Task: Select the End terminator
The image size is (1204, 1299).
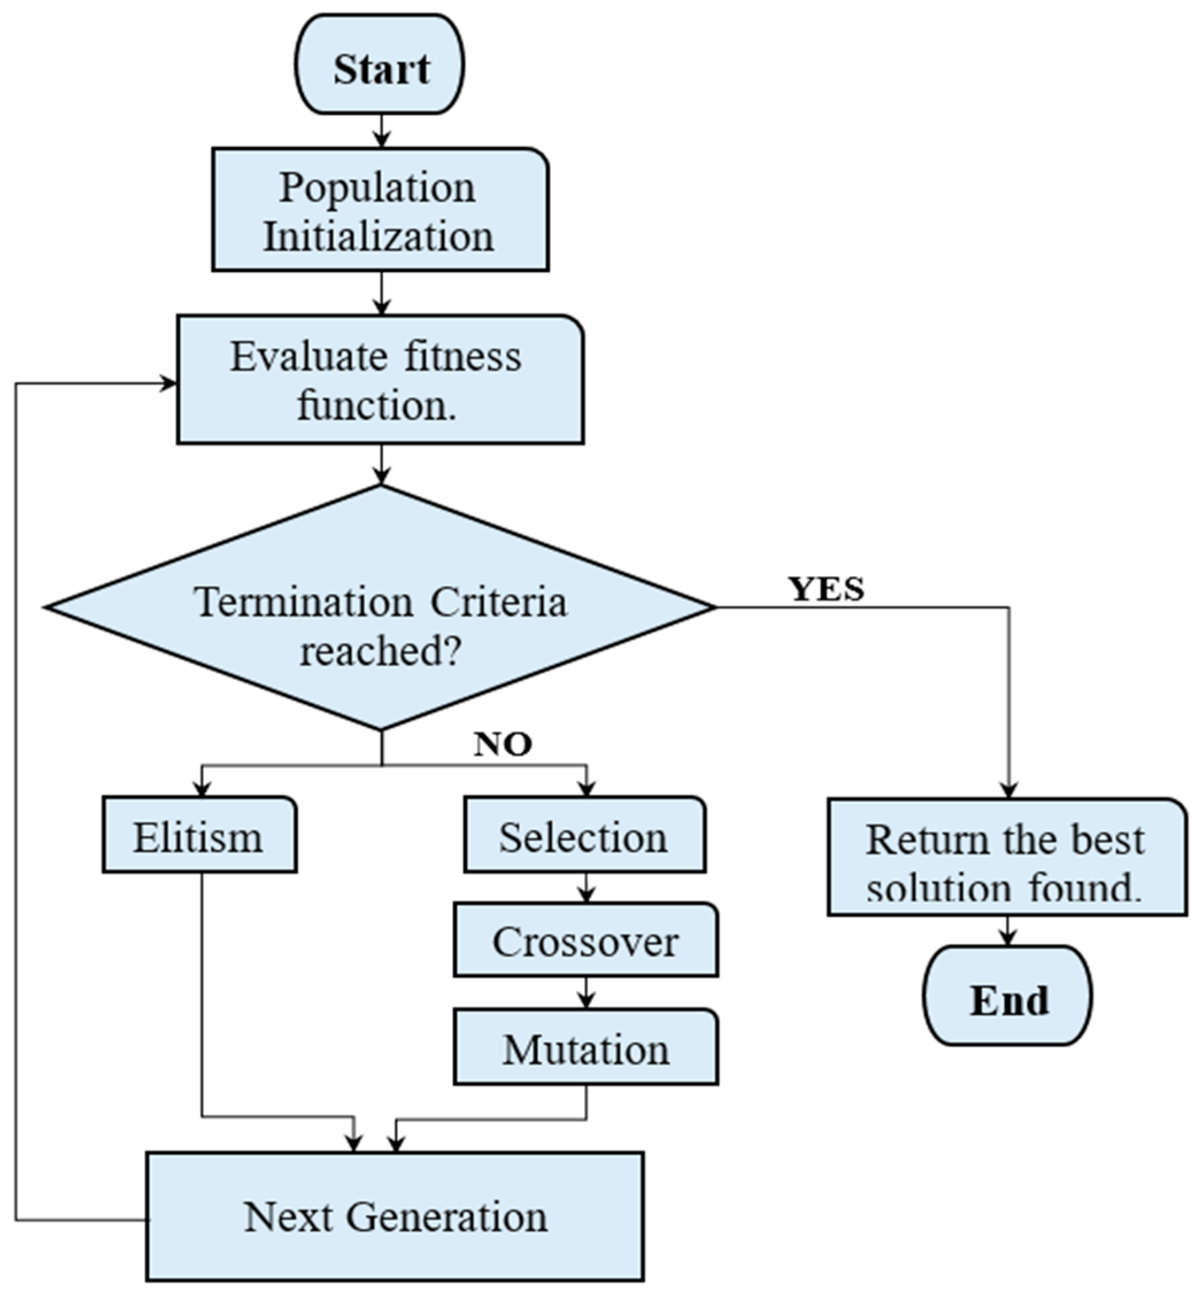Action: pos(1008,1000)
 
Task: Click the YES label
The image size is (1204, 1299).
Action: pos(826,590)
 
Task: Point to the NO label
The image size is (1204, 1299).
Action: pos(502,744)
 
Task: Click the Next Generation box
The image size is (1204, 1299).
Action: pos(395,1216)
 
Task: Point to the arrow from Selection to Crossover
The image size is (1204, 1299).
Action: pos(586,887)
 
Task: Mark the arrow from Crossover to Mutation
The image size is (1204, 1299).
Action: pos(586,993)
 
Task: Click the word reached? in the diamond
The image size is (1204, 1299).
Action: pos(380,650)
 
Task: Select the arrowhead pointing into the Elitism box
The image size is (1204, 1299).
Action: pos(202,789)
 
